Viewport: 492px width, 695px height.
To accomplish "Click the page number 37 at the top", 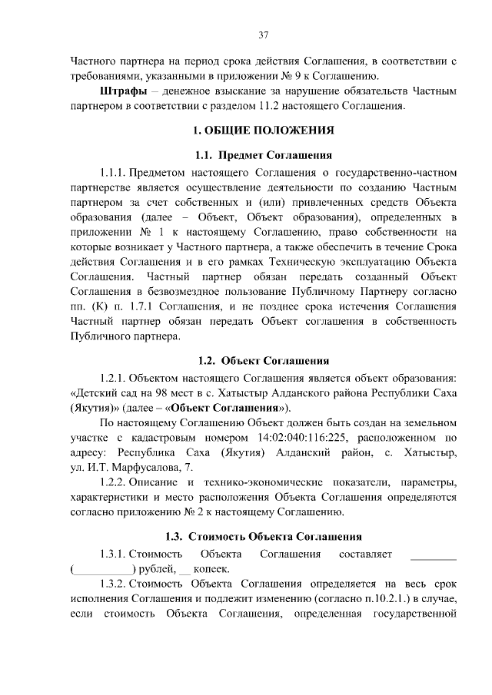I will coord(262,35).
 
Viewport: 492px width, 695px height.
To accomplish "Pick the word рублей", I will coord(157,569).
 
